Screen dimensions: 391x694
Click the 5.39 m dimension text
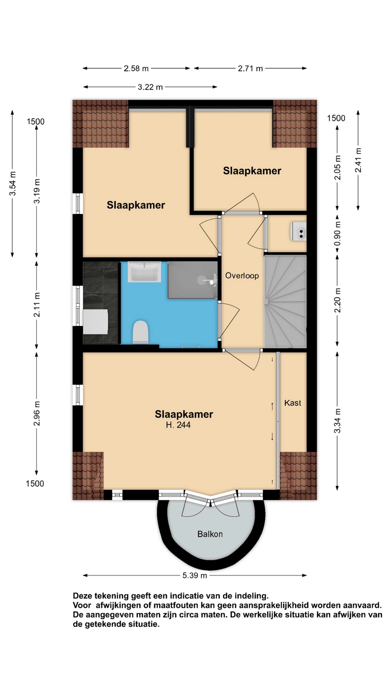[x=195, y=575]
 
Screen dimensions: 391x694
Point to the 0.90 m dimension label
[x=337, y=234]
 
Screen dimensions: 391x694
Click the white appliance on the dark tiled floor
[x=96, y=322]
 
